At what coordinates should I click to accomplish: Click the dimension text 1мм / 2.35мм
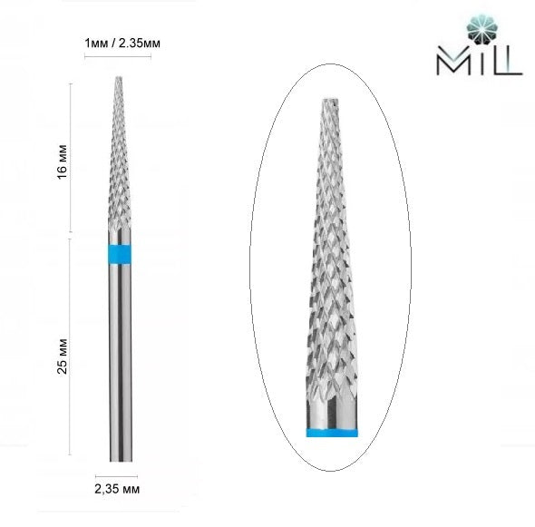tap(116, 43)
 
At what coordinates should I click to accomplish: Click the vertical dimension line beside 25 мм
tap(71, 349)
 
